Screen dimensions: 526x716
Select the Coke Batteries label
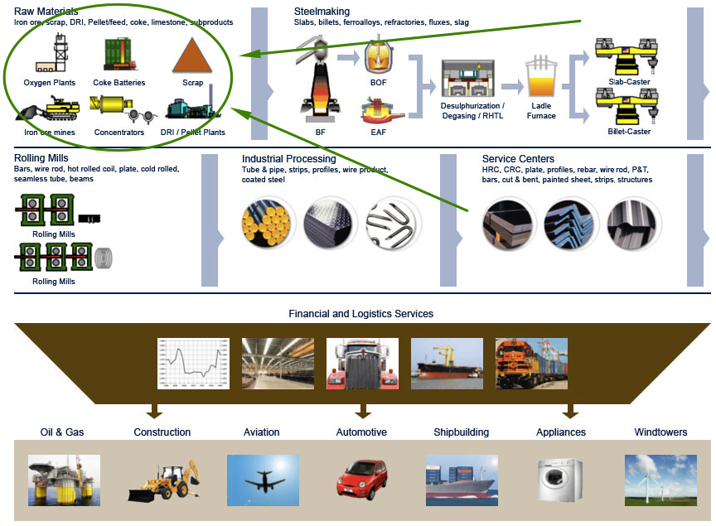pyautogui.click(x=119, y=83)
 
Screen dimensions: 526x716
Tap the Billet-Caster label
pyautogui.click(x=629, y=132)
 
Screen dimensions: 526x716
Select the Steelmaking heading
pyautogui.click(x=322, y=12)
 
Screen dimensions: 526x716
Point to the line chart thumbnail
pyautogui.click(x=193, y=363)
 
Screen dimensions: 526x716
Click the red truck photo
pyautogui.click(x=362, y=363)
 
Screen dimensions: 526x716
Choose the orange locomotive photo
pyautogui.click(x=531, y=363)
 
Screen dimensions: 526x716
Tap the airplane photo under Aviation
pyautogui.click(x=262, y=480)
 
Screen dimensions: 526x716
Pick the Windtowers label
pyautogui.click(x=660, y=432)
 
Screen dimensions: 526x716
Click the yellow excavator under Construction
pyautogui.click(x=162, y=480)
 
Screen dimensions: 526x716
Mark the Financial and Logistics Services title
pyautogui.click(x=360, y=314)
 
